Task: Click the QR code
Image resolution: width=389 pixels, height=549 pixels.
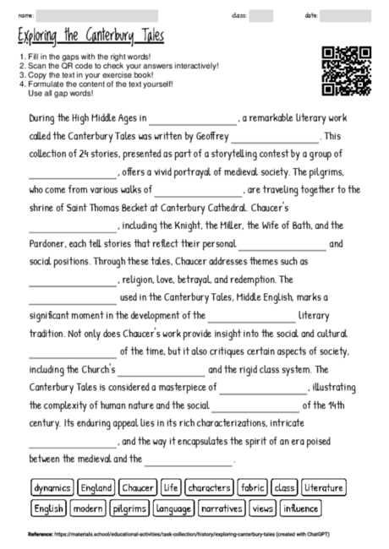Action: (x=347, y=70)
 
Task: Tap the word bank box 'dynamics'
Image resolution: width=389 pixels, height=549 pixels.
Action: (x=52, y=487)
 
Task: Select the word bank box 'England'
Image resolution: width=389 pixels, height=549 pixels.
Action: (x=96, y=487)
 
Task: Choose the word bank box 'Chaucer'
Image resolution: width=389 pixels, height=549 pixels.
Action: (x=137, y=487)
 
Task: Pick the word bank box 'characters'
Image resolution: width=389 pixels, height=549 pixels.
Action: (x=209, y=487)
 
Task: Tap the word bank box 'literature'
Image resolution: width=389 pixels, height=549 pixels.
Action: (x=322, y=487)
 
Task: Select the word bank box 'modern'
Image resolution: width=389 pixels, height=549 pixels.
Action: (x=87, y=508)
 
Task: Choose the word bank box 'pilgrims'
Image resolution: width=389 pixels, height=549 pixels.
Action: (x=129, y=508)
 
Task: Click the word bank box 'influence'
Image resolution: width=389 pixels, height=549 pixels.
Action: (x=300, y=508)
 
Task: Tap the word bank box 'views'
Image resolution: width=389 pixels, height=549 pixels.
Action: (x=263, y=508)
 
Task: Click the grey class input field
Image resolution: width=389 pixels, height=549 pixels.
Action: (x=260, y=15)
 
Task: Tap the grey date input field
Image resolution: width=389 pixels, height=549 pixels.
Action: (x=345, y=15)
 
